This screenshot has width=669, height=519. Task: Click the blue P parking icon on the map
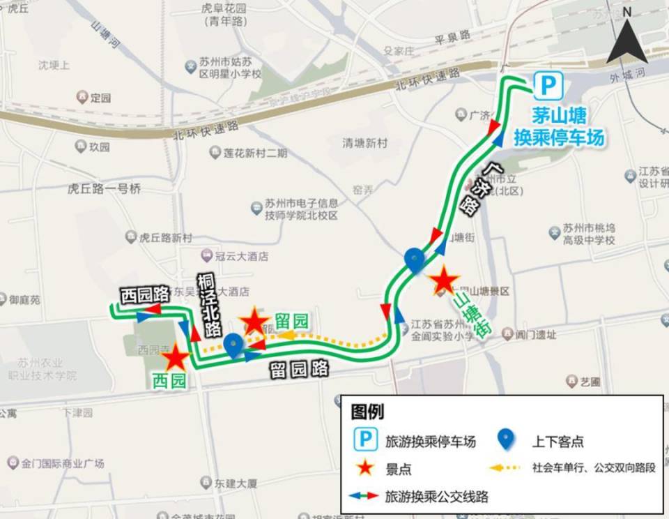(548, 86)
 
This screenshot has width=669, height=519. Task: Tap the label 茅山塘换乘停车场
(558, 126)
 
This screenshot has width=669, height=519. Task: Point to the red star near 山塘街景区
(443, 281)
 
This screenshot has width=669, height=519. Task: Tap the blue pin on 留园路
(233, 345)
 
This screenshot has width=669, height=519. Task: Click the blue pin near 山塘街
(415, 260)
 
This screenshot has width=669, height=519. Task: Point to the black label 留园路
(300, 369)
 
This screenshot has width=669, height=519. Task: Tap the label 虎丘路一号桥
(104, 188)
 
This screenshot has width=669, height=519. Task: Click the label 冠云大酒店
(241, 257)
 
